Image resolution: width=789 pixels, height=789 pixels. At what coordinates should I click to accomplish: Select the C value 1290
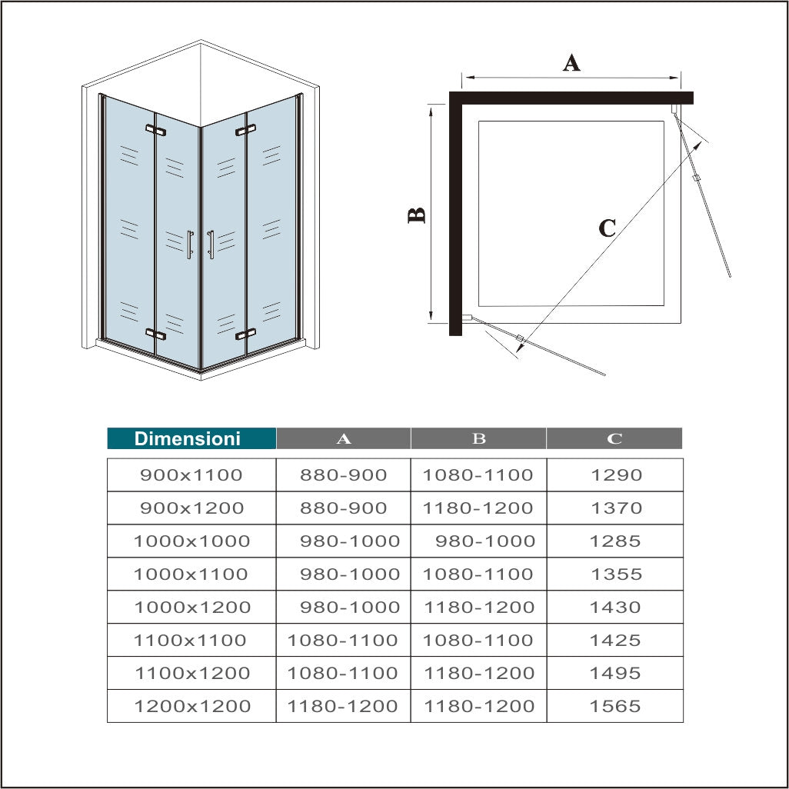(615, 475)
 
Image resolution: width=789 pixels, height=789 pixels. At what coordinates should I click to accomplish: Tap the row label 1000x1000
(191, 541)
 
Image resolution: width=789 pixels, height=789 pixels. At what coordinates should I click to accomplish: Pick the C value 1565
(615, 707)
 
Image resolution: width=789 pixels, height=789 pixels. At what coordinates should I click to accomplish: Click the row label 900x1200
(191, 508)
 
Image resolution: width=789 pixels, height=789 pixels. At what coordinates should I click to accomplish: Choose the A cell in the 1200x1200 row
(343, 707)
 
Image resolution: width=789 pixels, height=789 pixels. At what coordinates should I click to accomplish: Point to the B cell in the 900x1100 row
(478, 475)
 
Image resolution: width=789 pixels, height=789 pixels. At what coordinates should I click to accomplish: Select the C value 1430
(615, 608)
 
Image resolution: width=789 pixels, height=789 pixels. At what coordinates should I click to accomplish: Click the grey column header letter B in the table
(478, 438)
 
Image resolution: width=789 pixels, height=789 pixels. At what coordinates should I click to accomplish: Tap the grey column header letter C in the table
(614, 438)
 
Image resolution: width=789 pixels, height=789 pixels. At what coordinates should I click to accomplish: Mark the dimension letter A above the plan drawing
(571, 62)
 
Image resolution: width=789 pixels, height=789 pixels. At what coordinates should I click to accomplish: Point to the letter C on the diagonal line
(607, 228)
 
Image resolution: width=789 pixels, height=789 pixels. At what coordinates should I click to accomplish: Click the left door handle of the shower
(190, 245)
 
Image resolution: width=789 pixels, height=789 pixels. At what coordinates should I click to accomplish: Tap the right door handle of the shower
(211, 245)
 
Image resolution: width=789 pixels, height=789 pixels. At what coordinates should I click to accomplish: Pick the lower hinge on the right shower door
(245, 335)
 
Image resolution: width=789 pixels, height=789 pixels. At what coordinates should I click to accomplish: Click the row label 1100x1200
(191, 674)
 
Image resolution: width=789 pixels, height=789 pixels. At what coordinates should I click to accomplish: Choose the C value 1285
(615, 541)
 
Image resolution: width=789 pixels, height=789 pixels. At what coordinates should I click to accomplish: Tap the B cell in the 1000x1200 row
(478, 608)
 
